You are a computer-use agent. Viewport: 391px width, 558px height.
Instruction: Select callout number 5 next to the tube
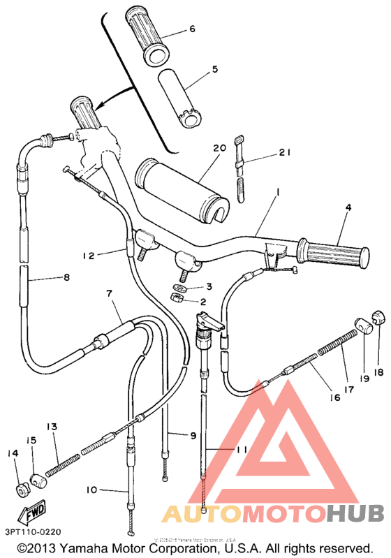pos(215,69)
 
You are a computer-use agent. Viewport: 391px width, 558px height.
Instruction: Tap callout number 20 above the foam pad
pos(218,148)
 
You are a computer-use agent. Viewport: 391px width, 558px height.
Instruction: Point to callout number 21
pos(283,152)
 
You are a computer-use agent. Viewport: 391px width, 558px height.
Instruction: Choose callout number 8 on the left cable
pos(66,277)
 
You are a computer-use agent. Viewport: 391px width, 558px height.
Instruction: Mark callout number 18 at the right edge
pos(378,353)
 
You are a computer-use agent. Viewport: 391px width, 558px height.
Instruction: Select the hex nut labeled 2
pos(177,300)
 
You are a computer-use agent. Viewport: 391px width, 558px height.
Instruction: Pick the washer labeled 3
pos(179,287)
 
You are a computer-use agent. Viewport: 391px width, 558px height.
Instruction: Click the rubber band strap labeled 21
pos(239,172)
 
